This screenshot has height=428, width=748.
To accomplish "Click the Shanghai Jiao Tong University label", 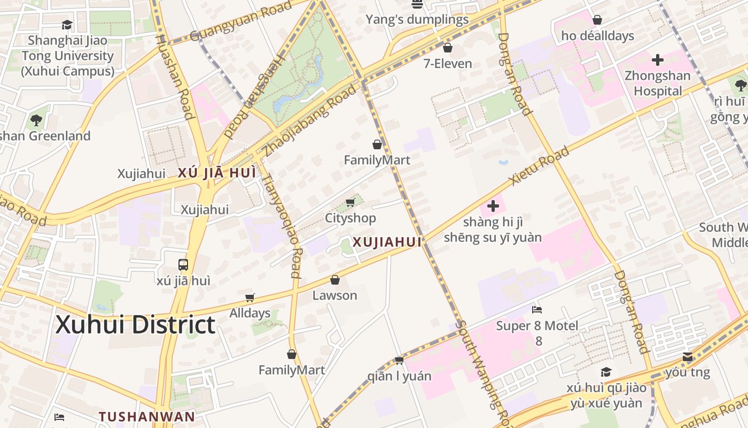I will [68, 56].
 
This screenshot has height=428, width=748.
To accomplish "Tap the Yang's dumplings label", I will [417, 20].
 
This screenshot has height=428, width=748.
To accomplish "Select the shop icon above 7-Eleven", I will [448, 48].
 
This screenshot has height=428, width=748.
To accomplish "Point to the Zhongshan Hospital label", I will [658, 83].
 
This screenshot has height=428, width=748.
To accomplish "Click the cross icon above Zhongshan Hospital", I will [658, 59].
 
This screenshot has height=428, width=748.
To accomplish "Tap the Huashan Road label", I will [174, 77].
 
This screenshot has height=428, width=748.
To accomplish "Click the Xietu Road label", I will [539, 166].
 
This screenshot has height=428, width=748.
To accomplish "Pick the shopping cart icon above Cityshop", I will [350, 202].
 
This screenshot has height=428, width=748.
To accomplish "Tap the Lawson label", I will [334, 295].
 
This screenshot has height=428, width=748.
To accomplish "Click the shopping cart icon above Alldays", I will [250, 297].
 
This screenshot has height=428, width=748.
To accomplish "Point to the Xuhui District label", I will [136, 325].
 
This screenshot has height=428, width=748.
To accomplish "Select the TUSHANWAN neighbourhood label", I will [146, 416].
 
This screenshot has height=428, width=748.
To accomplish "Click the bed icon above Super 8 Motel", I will [537, 310].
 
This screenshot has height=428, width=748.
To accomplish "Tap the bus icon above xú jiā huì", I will [183, 264].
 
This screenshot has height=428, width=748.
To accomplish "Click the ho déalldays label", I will [597, 36].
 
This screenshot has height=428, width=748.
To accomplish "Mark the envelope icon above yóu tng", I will [688, 357].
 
